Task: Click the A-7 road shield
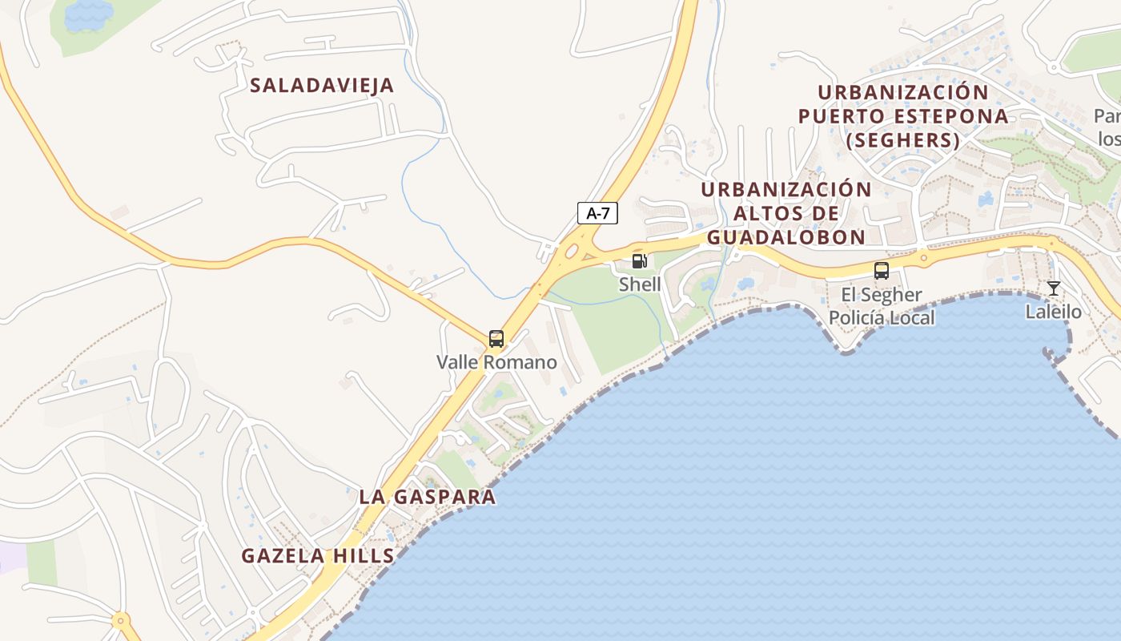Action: (597, 213)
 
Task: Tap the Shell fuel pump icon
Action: (639, 260)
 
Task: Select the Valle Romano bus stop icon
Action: (496, 339)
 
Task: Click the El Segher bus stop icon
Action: (882, 271)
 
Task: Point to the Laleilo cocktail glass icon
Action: (1054, 288)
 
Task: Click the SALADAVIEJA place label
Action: (322, 86)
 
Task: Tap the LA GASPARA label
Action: (428, 497)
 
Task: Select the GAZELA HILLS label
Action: (318, 556)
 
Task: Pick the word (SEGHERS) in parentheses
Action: (902, 140)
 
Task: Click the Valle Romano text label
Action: (496, 362)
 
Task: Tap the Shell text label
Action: (640, 284)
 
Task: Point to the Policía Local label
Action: (882, 318)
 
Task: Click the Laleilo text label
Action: (1054, 312)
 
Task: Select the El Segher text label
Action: (882, 295)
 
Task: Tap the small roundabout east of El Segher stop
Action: (923, 258)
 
